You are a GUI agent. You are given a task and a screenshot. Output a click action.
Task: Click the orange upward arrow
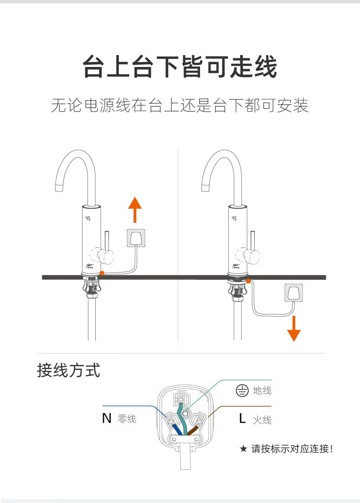(x=134, y=209)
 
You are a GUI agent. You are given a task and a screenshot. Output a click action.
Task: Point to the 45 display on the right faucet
(x=234, y=218)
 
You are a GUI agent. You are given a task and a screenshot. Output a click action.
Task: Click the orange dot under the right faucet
(x=248, y=281)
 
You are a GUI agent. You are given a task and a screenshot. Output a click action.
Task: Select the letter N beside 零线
(x=107, y=418)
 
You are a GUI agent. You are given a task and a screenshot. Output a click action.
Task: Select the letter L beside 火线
(x=242, y=418)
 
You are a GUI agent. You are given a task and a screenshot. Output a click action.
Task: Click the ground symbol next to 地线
(x=241, y=390)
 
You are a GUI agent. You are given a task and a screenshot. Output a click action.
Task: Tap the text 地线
(x=262, y=390)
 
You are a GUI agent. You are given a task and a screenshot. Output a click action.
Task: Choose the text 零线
(x=127, y=419)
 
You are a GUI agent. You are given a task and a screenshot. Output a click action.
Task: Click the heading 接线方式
(x=68, y=370)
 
